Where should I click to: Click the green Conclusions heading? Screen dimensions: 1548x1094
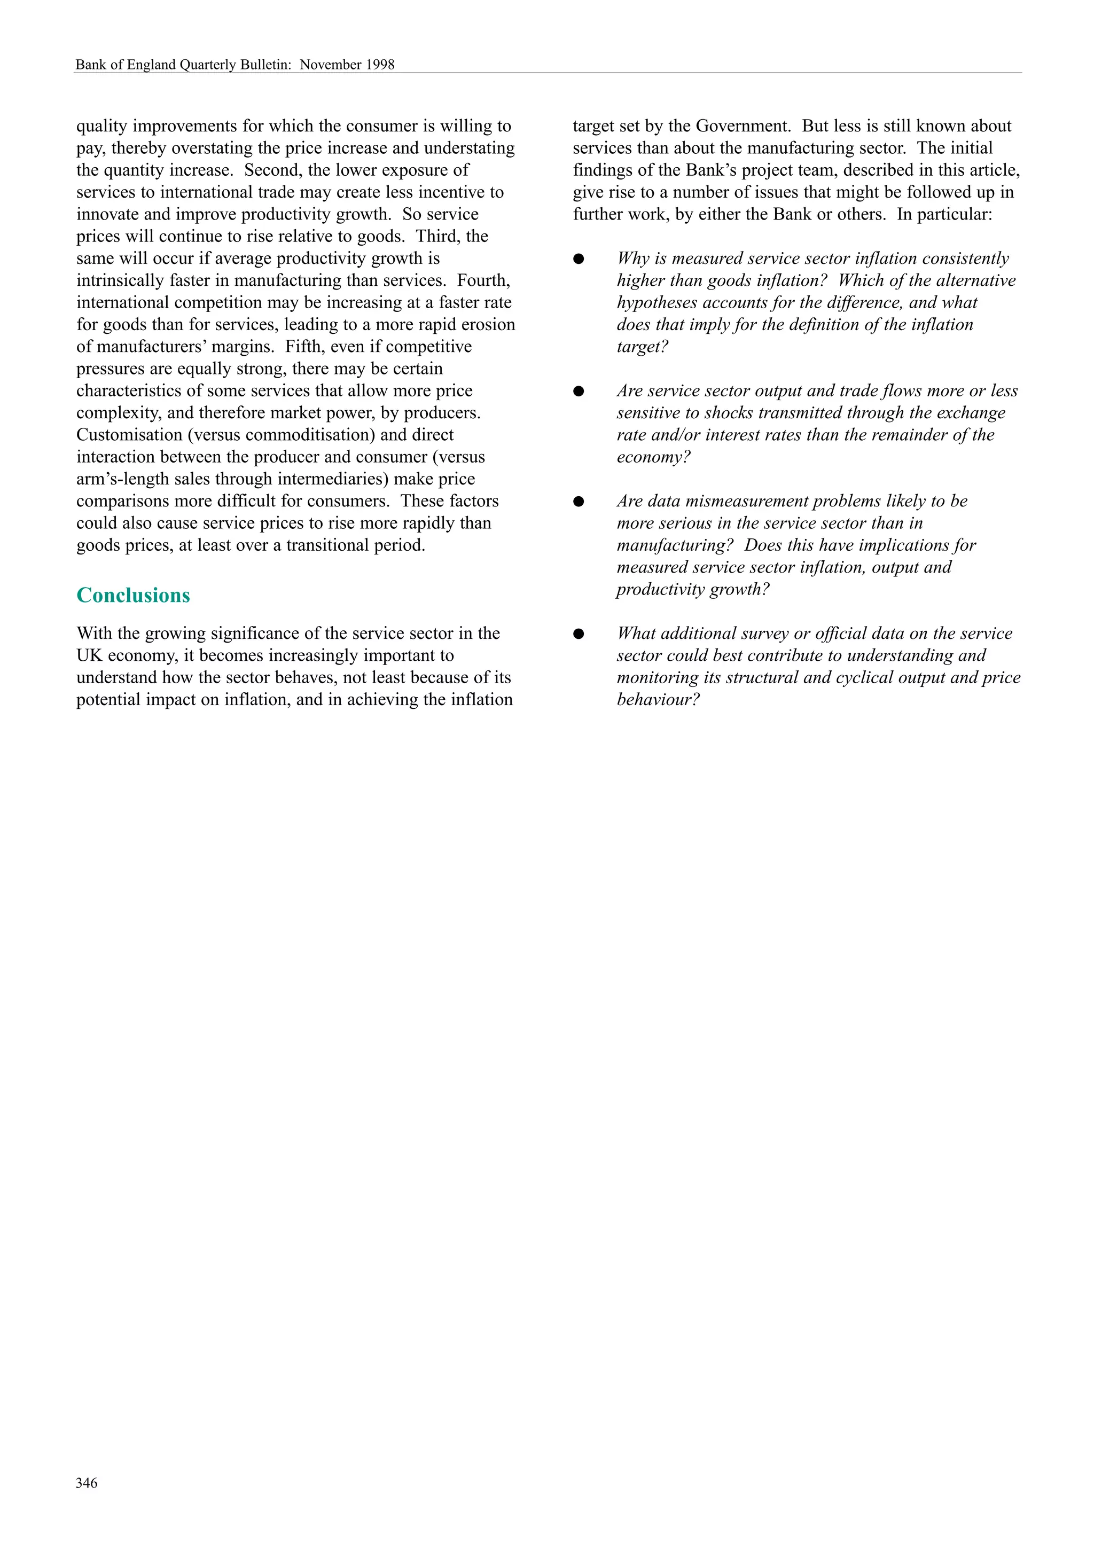133,596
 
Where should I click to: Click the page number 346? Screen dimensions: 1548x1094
87,1483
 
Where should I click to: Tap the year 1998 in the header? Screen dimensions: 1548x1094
380,65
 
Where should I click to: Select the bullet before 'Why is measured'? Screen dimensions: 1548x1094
579,259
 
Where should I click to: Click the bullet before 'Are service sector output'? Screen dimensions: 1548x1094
579,391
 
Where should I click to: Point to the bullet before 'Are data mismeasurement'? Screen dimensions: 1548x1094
579,502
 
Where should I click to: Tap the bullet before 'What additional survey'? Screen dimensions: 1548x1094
579,634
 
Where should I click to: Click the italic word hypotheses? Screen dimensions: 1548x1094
657,303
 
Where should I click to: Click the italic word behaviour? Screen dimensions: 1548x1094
658,700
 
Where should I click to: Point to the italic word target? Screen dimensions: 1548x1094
642,347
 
